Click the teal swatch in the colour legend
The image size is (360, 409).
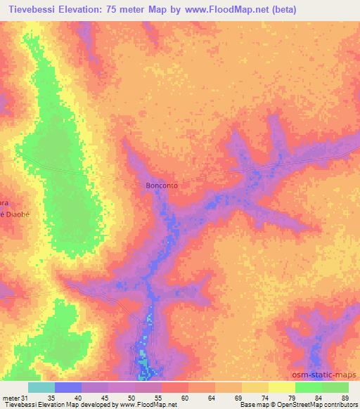click(x=41, y=387)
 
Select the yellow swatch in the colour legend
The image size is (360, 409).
click(x=282, y=387)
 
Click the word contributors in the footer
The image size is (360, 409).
click(x=340, y=405)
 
